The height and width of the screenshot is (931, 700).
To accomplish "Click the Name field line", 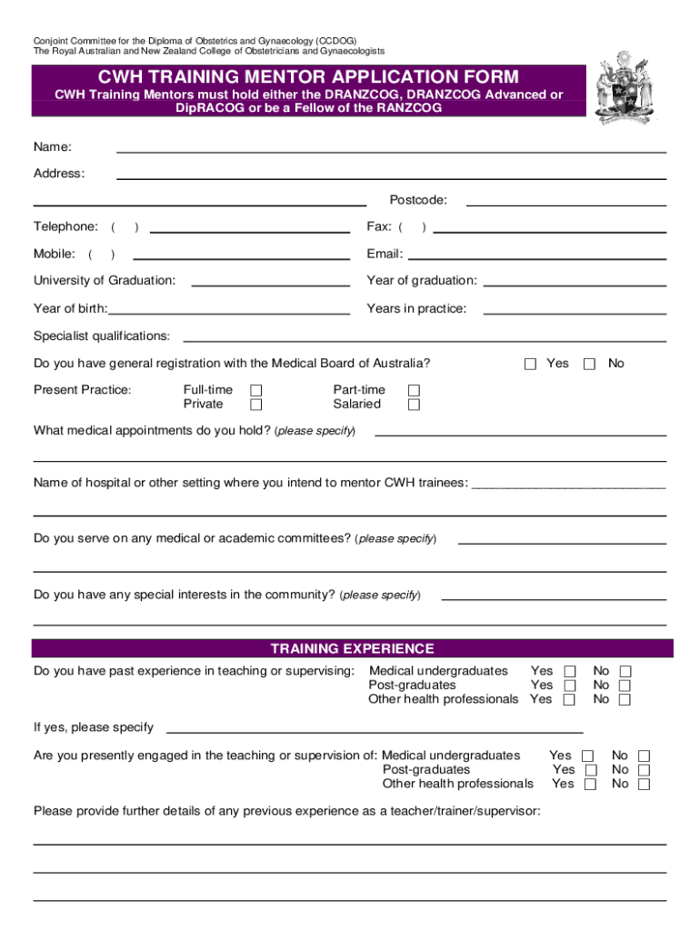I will pos(391,150).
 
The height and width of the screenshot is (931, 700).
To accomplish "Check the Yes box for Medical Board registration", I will pos(531,365).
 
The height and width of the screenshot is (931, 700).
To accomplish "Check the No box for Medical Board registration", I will pos(589,365).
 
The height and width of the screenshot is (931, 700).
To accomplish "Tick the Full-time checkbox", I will pos(256,391).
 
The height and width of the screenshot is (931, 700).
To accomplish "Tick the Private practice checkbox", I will pos(256,405).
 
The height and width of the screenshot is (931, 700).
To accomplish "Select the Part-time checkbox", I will pos(414,391).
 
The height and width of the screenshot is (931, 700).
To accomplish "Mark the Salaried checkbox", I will pos(414,405).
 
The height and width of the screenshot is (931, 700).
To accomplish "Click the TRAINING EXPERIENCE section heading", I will pos(352,648).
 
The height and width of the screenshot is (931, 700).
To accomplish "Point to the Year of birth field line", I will pos(229,313).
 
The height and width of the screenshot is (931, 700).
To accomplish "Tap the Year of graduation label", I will pos(421,280).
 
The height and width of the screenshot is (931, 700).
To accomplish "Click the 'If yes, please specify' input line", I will pos(373,731).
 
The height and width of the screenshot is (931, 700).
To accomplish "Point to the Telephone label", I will pos(65,226).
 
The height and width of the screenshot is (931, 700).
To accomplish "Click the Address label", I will pos(59,174).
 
